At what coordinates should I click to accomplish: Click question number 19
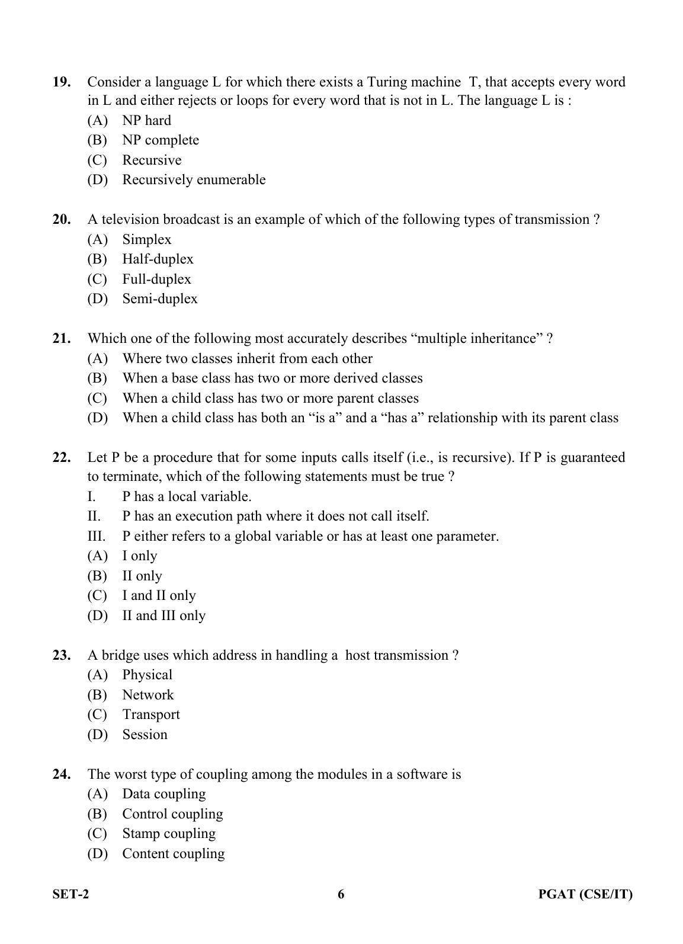click(x=62, y=82)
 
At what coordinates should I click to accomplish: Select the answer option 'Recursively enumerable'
click(x=193, y=179)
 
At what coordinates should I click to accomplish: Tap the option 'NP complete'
click(x=160, y=140)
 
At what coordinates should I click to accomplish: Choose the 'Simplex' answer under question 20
click(x=146, y=239)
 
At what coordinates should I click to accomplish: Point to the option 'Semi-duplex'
click(x=159, y=298)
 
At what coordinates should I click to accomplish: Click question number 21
click(x=62, y=338)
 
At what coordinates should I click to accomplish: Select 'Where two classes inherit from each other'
click(x=247, y=358)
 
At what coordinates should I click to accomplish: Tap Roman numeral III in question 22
click(x=96, y=536)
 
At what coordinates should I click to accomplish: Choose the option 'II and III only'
click(x=163, y=615)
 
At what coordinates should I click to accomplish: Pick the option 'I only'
click(x=139, y=556)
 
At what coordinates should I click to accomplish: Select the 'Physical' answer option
click(x=147, y=675)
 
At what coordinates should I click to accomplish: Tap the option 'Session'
click(x=145, y=734)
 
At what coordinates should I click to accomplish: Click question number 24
click(x=62, y=774)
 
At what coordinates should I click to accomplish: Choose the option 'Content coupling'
click(x=173, y=853)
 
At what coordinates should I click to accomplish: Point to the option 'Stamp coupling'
click(x=168, y=833)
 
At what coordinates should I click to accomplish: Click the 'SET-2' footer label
click(x=70, y=894)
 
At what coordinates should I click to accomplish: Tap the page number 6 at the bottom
click(x=341, y=894)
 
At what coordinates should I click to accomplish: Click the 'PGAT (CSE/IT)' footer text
click(x=585, y=894)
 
